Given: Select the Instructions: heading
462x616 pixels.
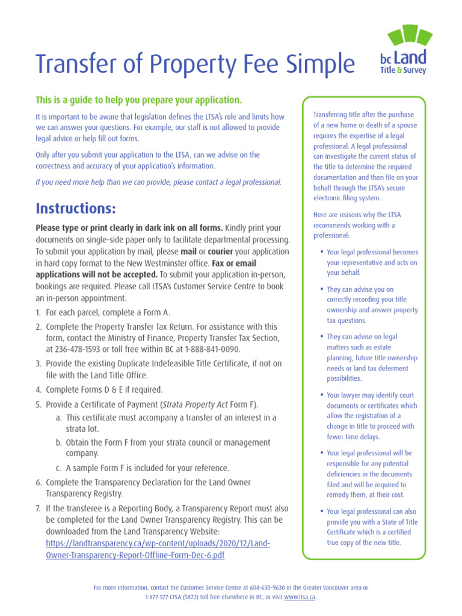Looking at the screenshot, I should pyautogui.click(x=75, y=209).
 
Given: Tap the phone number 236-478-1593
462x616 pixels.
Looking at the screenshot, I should pyautogui.click(x=75, y=349).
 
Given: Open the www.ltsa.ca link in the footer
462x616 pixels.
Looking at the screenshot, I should pyautogui.click(x=300, y=597).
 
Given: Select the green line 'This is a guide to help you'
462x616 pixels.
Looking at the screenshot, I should pyautogui.click(x=138, y=100).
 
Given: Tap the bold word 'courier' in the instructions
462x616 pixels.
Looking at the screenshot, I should pyautogui.click(x=221, y=251).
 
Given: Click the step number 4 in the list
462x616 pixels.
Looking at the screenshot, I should pyautogui.click(x=38, y=390).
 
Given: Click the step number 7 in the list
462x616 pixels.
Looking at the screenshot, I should pyautogui.click(x=38, y=508).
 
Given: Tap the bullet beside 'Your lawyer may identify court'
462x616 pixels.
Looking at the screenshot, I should pyautogui.click(x=322, y=395).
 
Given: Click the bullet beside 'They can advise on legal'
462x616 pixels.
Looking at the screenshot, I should pyautogui.click(x=322, y=337).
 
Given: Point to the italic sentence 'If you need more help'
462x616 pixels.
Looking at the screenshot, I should pyautogui.click(x=158, y=182).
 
